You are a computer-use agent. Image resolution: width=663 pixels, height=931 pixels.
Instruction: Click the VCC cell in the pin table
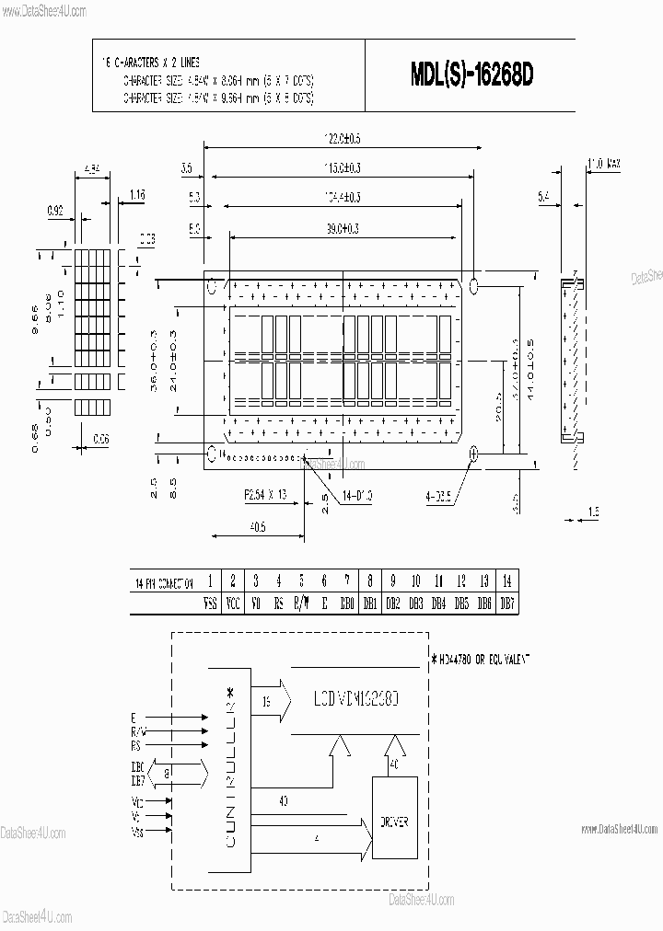click(x=233, y=604)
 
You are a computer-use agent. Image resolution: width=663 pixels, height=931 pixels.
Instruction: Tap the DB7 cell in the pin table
click(x=506, y=604)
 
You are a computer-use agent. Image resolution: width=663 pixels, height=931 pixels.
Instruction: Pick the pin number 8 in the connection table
click(x=369, y=581)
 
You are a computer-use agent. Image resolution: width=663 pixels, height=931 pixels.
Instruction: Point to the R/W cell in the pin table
click(x=301, y=604)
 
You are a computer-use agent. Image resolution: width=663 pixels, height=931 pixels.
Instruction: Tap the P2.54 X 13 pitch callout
click(x=265, y=495)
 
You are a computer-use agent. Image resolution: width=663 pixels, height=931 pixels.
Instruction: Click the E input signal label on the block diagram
click(x=135, y=718)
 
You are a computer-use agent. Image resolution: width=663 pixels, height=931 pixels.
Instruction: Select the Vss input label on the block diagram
click(x=137, y=832)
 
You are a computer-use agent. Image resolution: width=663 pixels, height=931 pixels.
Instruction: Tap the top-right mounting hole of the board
click(x=475, y=285)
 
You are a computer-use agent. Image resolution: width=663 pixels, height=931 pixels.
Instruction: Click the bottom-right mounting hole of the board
click(x=474, y=453)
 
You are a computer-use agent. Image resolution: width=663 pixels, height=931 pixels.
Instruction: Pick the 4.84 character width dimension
click(x=92, y=169)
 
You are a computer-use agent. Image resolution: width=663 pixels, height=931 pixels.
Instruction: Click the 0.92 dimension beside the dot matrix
click(x=56, y=211)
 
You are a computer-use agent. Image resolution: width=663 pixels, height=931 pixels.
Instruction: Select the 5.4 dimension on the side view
click(x=543, y=196)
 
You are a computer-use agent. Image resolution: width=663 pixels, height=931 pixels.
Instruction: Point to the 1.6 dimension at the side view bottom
click(x=593, y=511)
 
